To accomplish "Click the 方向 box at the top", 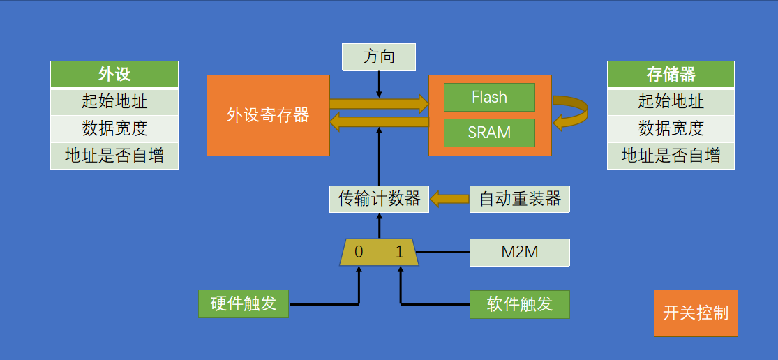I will click(x=379, y=57).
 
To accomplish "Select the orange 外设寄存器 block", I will click(x=268, y=115).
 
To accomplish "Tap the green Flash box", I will click(x=489, y=97).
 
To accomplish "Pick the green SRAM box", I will click(x=489, y=133).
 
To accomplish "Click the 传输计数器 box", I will click(x=379, y=200).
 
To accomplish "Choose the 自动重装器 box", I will click(x=520, y=200).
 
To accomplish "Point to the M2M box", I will click(x=520, y=253).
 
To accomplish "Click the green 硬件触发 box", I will click(x=243, y=304).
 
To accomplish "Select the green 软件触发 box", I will click(x=520, y=304).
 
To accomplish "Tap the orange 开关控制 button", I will click(x=696, y=313).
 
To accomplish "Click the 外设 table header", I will click(x=114, y=75).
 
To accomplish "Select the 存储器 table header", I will click(x=671, y=75).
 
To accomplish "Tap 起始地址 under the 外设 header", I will click(x=114, y=102).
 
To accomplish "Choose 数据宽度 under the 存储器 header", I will click(x=671, y=129).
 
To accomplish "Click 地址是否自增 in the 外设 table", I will click(x=114, y=156).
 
